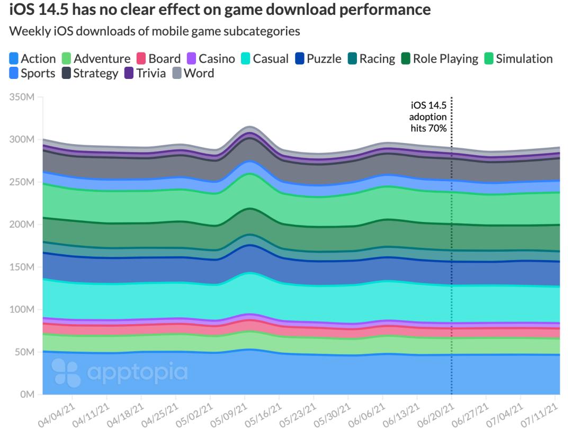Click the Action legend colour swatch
(14, 59)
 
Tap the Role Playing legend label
(445, 59)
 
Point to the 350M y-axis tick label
(22, 97)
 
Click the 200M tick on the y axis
(22, 225)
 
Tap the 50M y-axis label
(24, 352)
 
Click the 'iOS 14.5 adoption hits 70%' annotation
(428, 117)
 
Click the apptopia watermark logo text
(137, 373)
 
